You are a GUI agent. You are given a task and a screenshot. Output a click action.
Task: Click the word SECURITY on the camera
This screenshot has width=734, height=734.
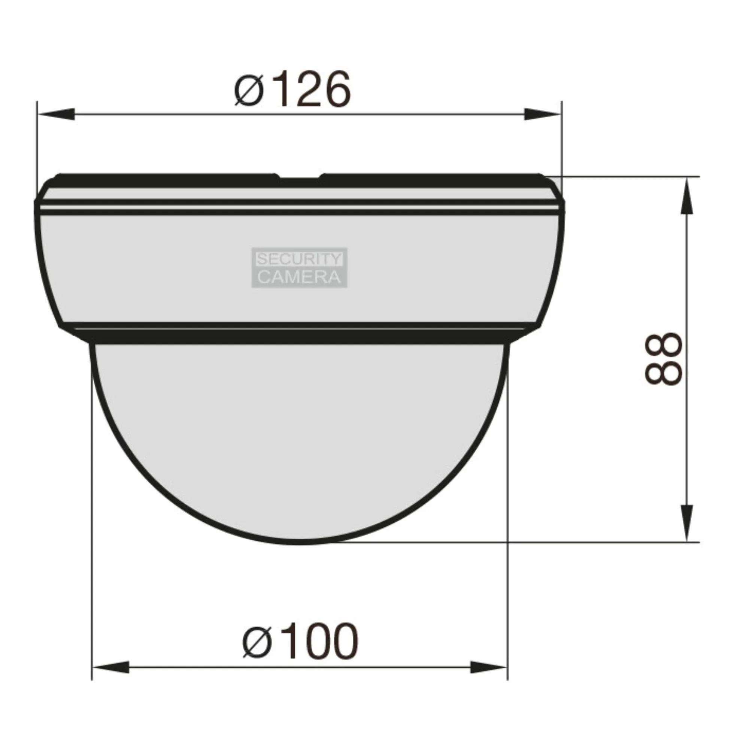tap(299, 260)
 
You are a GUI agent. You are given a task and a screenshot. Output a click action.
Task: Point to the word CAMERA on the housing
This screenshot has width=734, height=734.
tap(299, 277)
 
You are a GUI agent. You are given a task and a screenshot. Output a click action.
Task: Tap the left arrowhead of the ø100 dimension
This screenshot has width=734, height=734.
tap(110, 667)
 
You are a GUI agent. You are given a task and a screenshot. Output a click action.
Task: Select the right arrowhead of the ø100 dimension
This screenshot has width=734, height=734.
tap(489, 667)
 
